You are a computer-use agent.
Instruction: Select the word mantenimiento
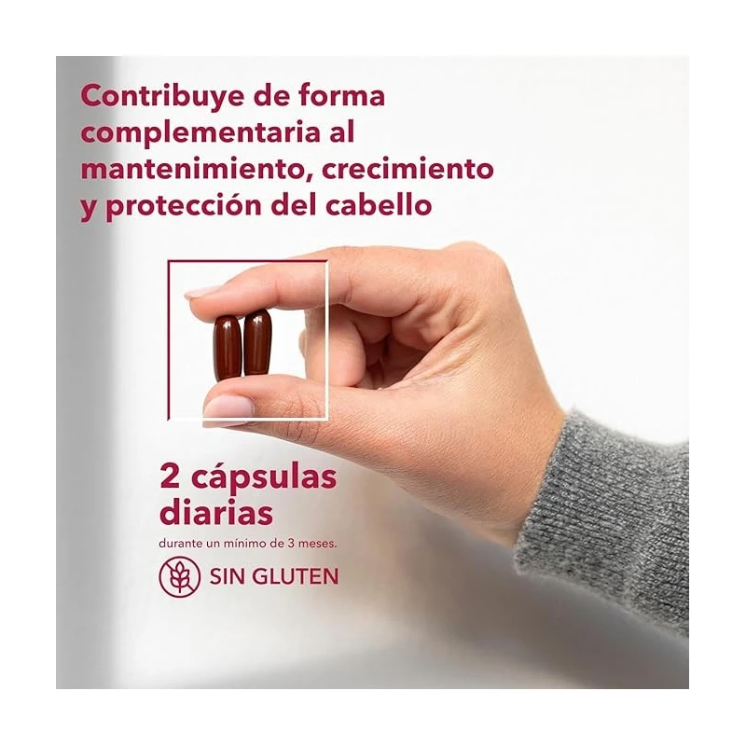193,170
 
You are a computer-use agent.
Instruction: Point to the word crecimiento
408,170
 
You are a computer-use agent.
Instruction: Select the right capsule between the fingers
257,341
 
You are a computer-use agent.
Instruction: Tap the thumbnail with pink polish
228,406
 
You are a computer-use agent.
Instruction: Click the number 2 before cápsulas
170,477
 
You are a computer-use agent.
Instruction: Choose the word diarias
216,513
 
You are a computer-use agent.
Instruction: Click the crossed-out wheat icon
180,576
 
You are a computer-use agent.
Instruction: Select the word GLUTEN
295,576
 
